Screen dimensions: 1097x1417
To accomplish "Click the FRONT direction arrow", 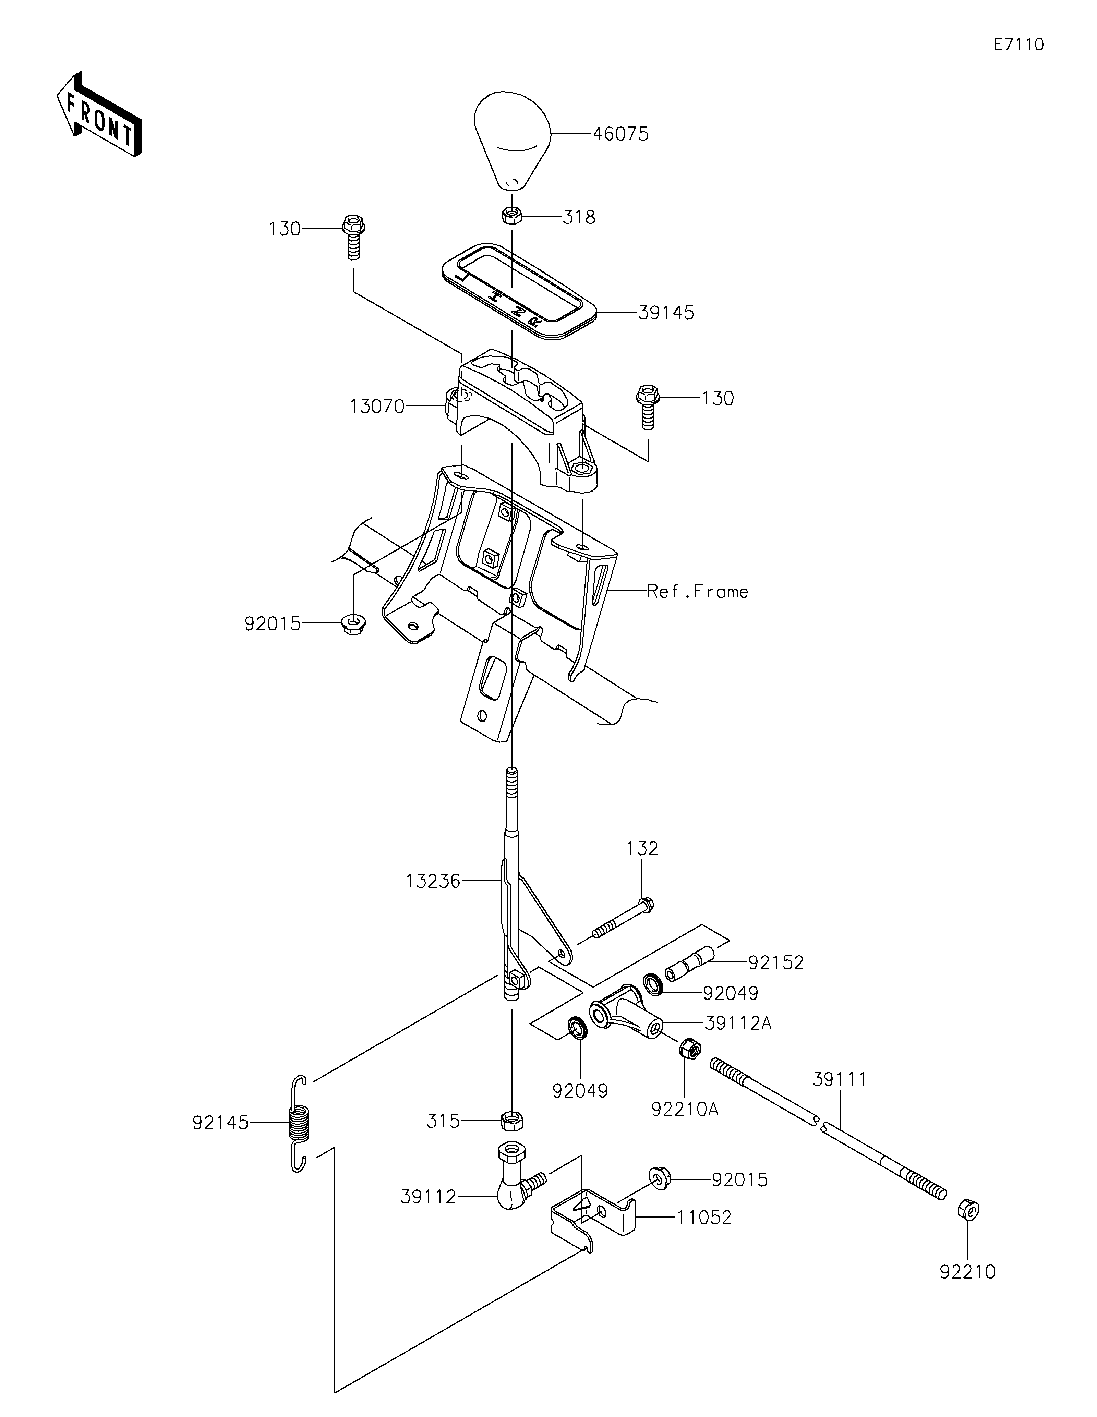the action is coord(99,114).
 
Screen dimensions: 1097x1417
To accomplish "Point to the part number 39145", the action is coord(666,313).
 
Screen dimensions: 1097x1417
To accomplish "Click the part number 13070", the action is coord(377,407).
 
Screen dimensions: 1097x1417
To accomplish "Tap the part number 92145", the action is coord(220,1123).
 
